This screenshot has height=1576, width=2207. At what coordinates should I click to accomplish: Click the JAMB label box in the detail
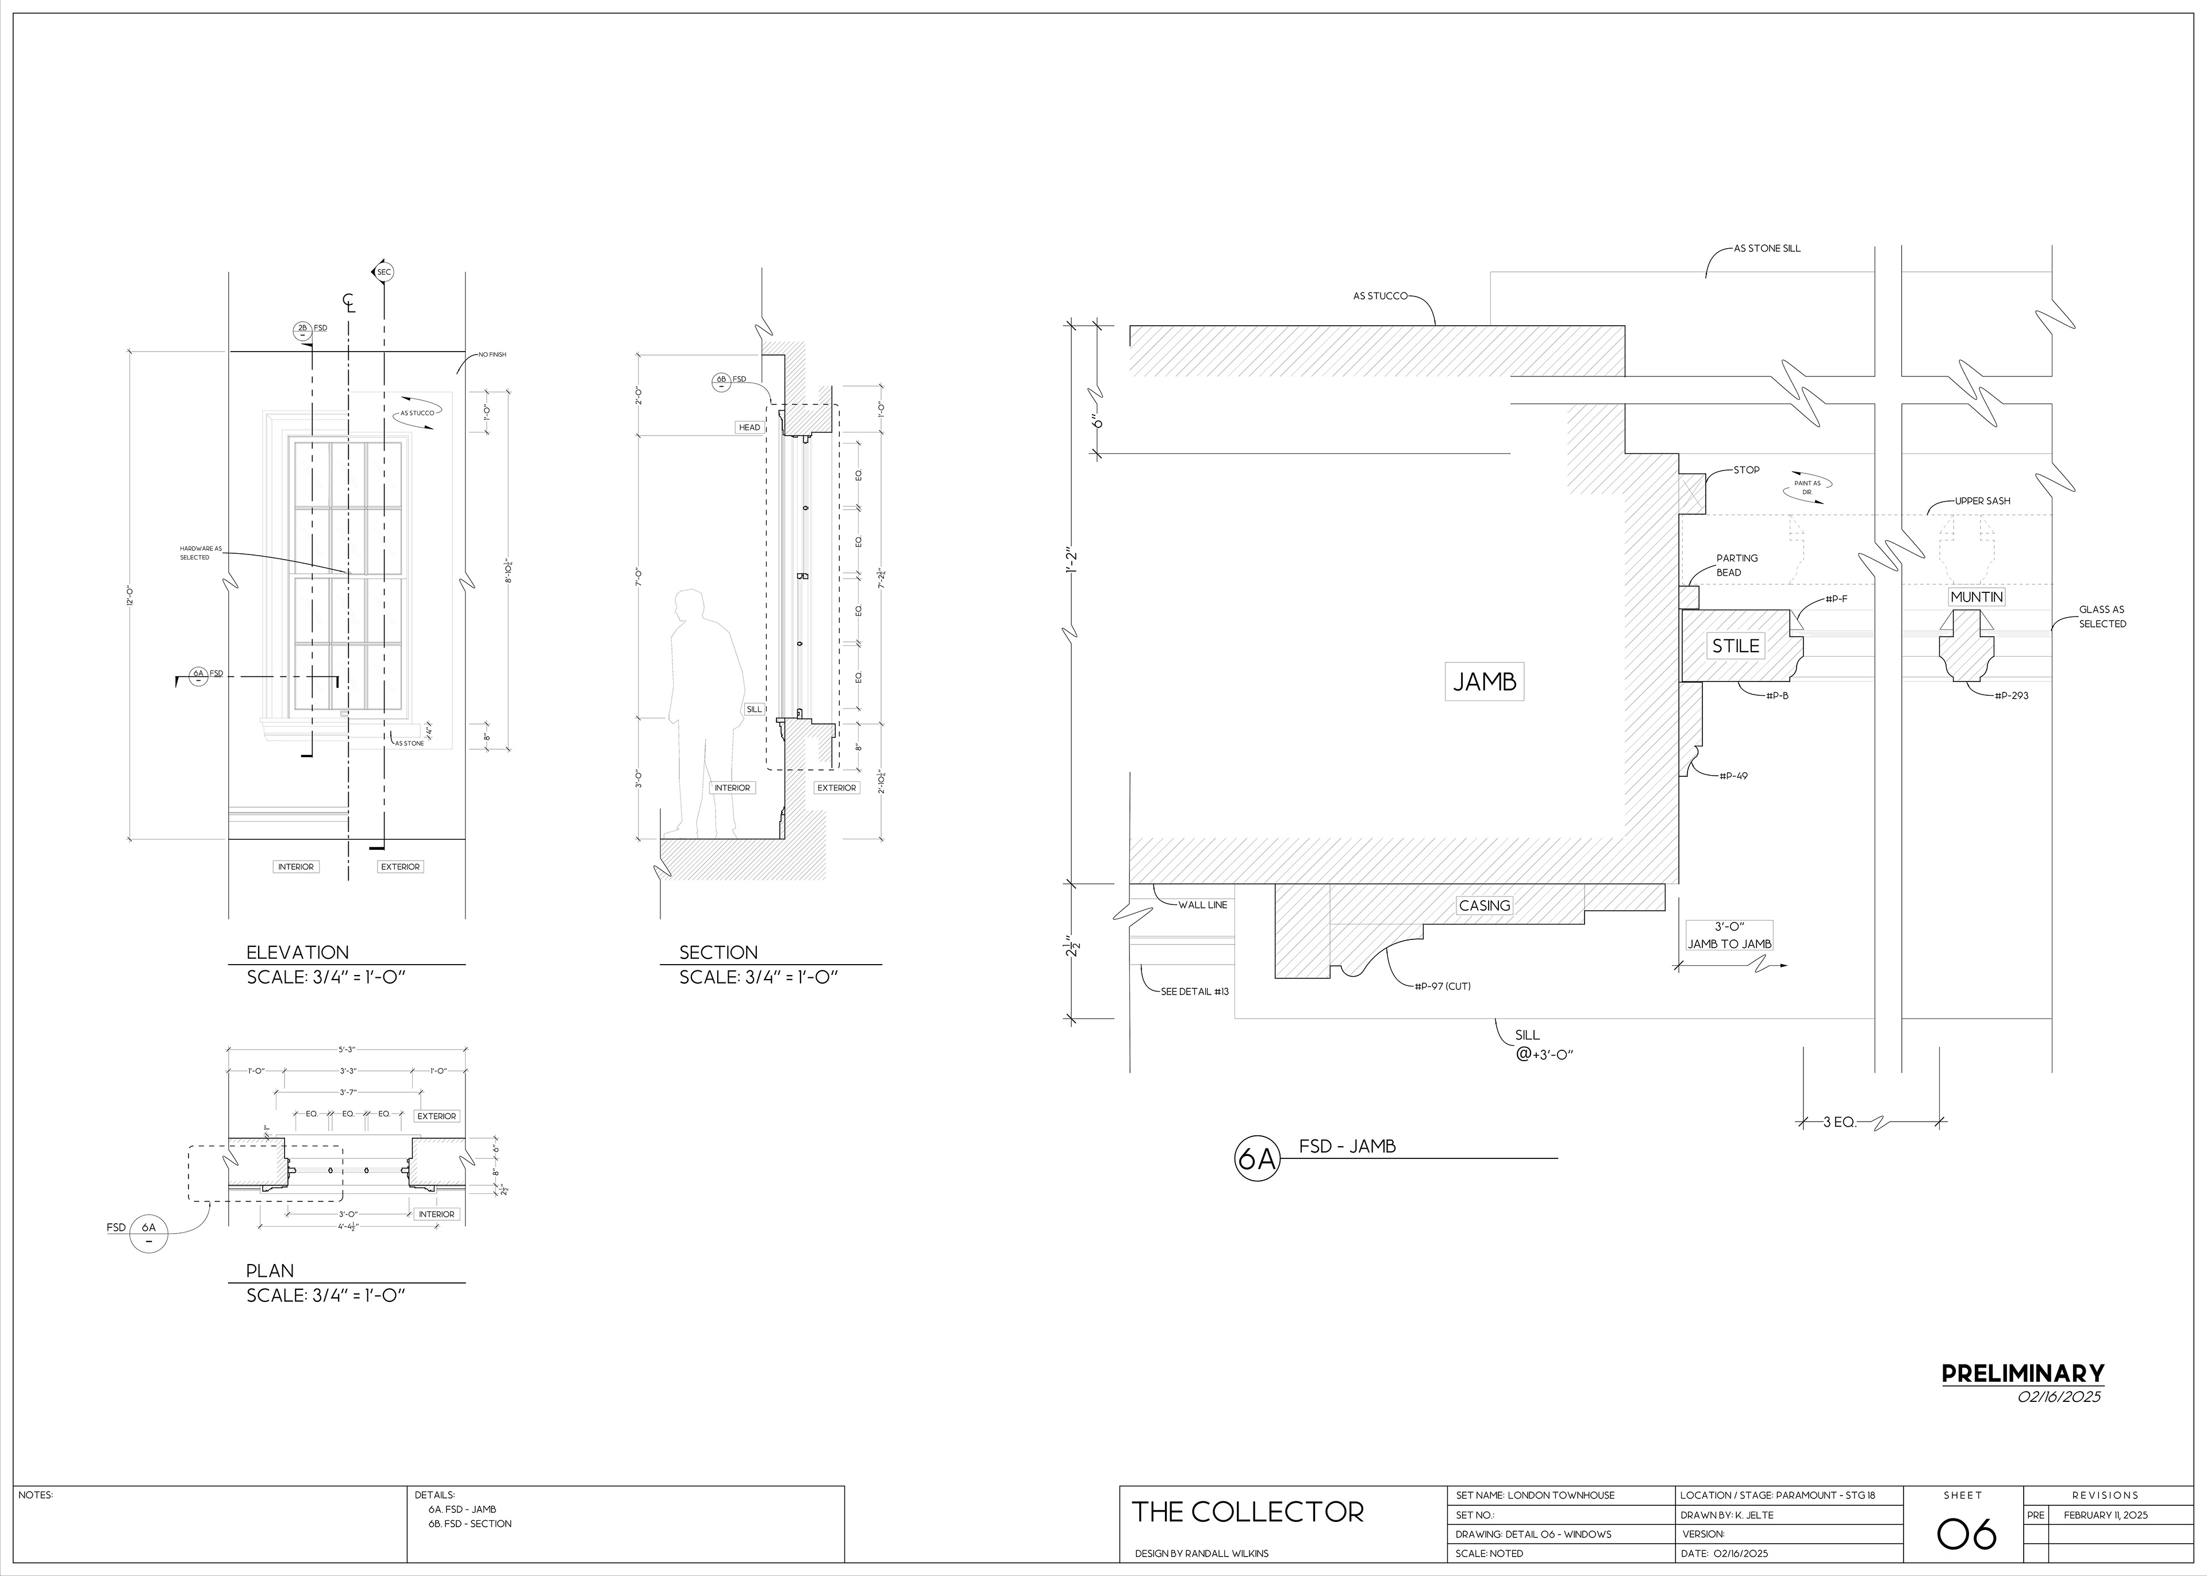[1484, 682]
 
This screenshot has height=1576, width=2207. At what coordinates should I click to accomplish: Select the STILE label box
[1735, 645]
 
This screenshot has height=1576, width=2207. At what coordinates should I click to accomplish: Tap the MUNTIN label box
[1976, 597]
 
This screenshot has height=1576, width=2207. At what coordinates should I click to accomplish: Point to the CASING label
[1484, 905]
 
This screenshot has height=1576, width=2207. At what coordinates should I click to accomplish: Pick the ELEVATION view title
[297, 952]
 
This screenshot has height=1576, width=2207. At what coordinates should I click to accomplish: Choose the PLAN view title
[270, 1270]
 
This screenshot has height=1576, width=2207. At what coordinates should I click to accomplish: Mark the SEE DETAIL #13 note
[1195, 992]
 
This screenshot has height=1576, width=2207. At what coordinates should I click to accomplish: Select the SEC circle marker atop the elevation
[383, 273]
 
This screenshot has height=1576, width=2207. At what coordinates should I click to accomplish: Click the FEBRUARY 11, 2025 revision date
[2104, 1515]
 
